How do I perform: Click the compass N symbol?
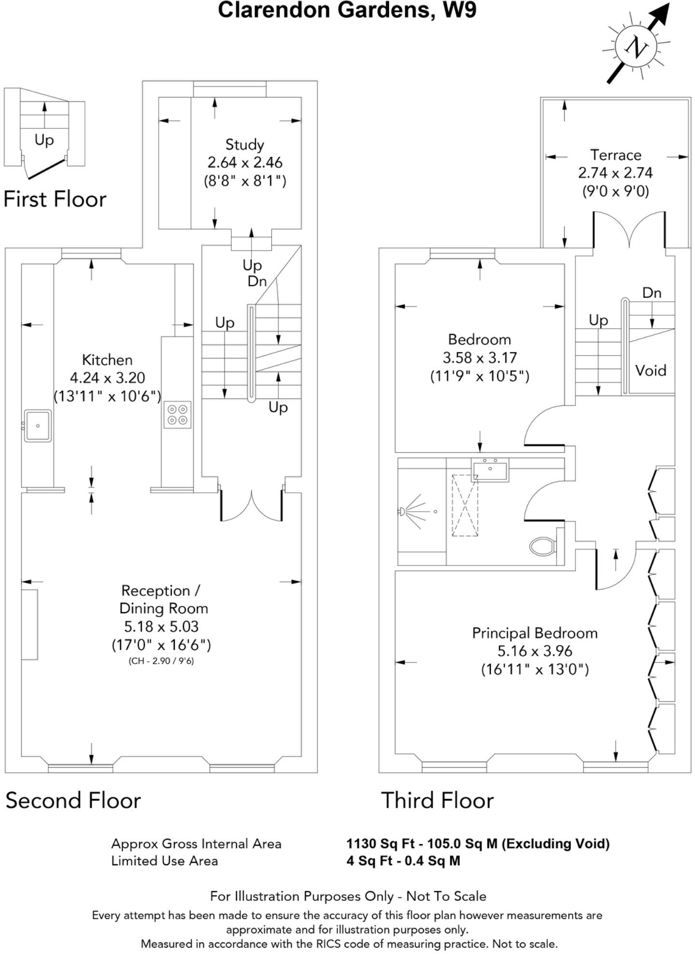click(636, 47)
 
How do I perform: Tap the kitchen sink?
click(38, 425)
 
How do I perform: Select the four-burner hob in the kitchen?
click(177, 415)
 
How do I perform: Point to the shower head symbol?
click(402, 512)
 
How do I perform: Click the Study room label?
click(245, 144)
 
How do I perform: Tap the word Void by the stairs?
click(651, 370)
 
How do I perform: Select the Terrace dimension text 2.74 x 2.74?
click(615, 173)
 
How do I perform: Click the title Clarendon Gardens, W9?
click(347, 10)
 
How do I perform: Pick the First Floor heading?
click(55, 199)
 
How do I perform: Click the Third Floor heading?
click(437, 800)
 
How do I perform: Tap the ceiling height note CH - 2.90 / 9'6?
click(161, 661)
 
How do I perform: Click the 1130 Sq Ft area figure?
click(380, 843)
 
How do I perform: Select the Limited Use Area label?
click(165, 860)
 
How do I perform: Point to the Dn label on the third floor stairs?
click(652, 293)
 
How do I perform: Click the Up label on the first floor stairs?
click(44, 140)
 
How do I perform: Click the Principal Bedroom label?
click(535, 633)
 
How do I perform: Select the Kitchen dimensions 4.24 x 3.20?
click(107, 378)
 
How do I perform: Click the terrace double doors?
click(629, 230)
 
